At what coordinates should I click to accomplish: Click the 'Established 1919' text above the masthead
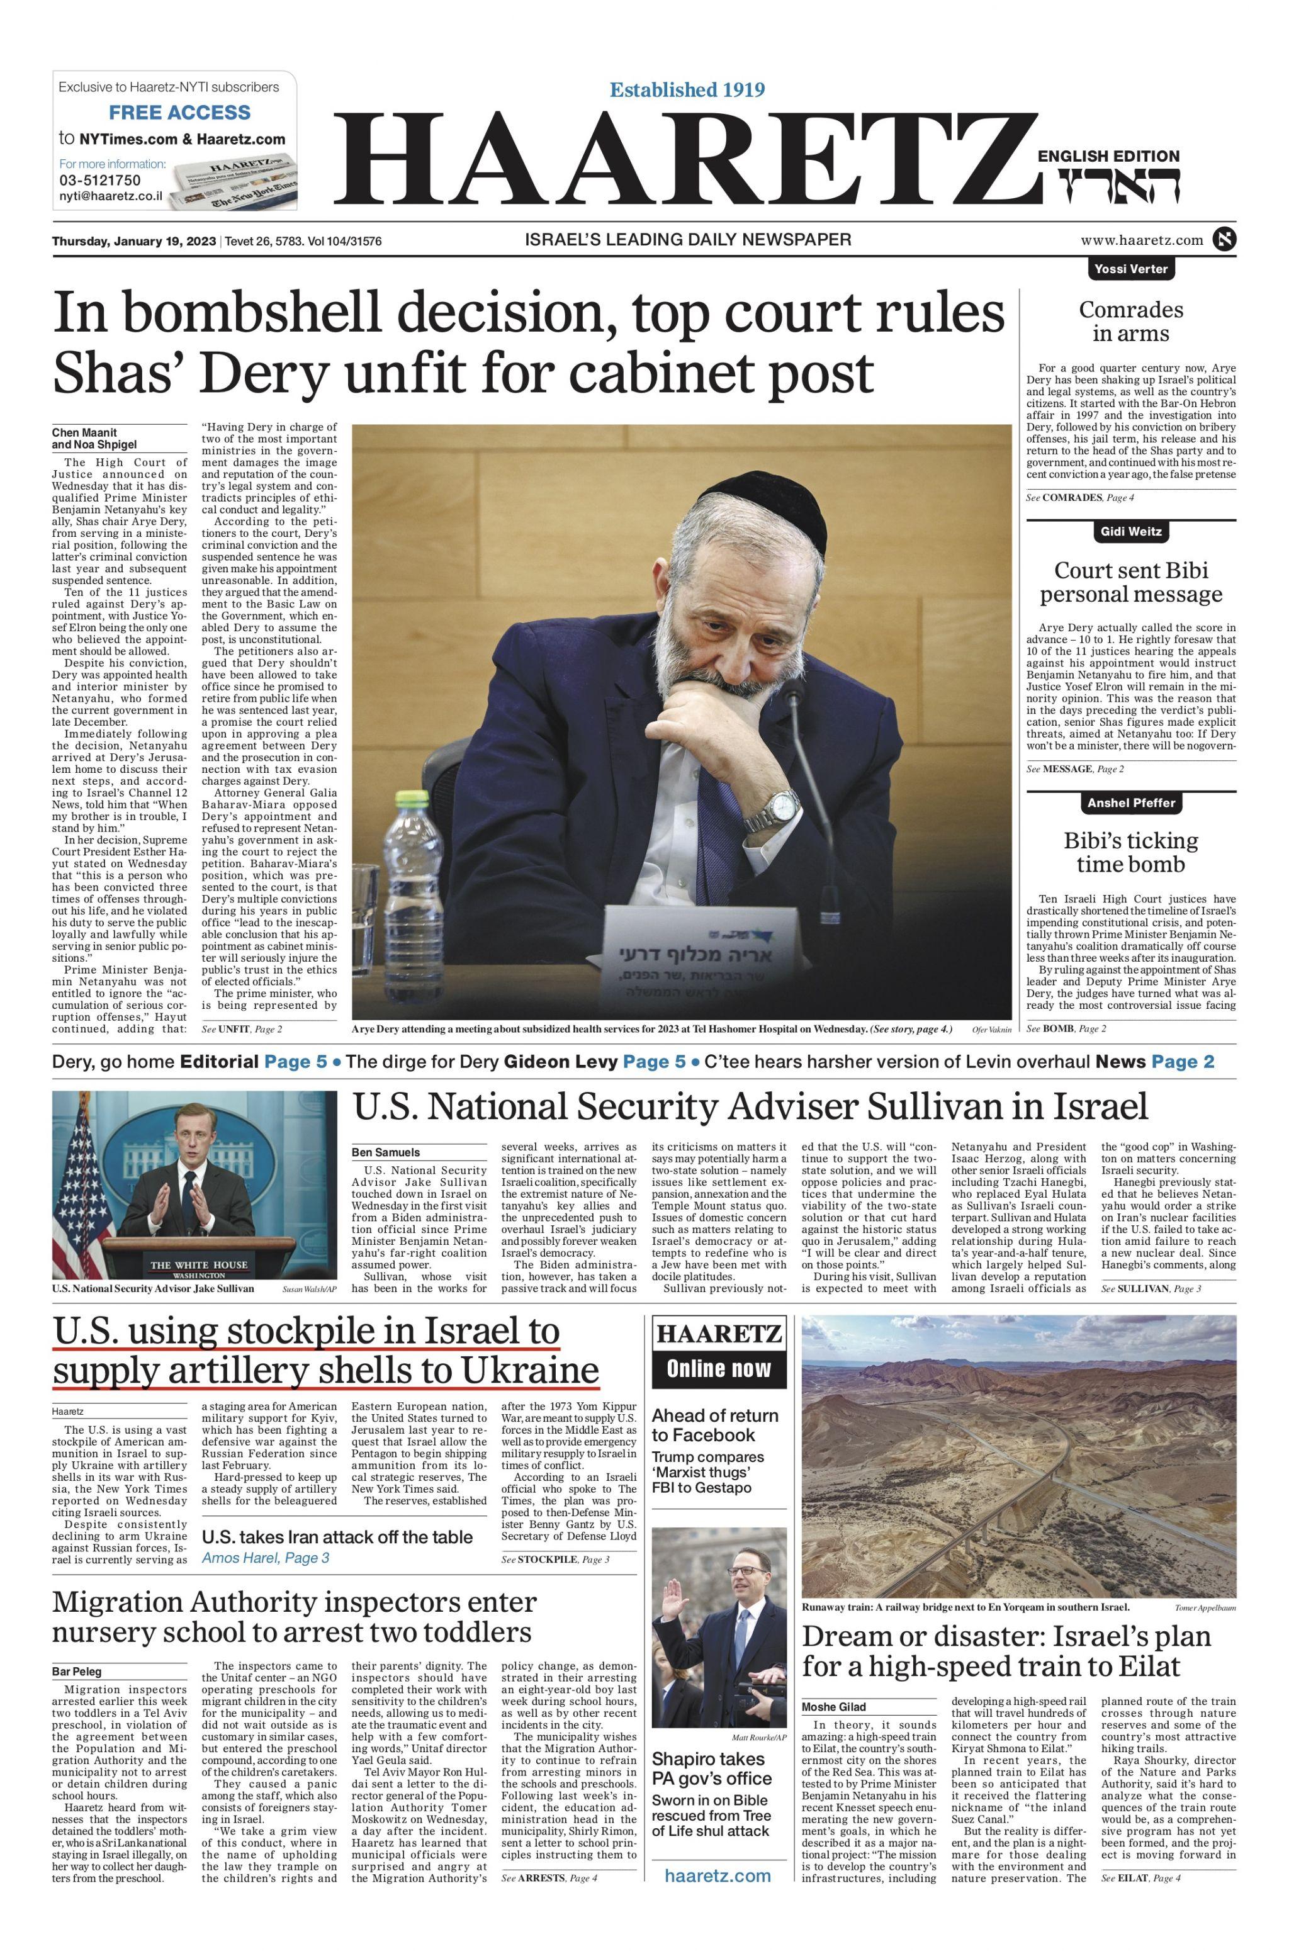click(687, 89)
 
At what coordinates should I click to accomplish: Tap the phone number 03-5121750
click(99, 180)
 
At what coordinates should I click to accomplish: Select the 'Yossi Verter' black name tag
click(1131, 269)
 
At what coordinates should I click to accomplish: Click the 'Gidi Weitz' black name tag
click(1131, 532)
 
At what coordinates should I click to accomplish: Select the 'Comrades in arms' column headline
click(1131, 322)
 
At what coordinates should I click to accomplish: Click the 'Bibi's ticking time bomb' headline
click(1131, 852)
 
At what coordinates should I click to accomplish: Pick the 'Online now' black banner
click(719, 1368)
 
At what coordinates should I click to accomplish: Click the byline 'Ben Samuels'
click(386, 1152)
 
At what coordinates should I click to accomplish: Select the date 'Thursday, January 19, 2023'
click(134, 242)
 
